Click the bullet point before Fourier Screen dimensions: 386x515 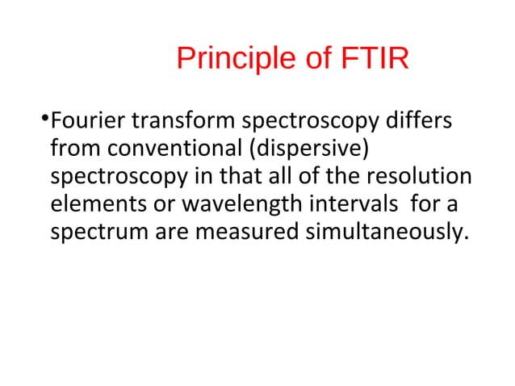click(x=44, y=121)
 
